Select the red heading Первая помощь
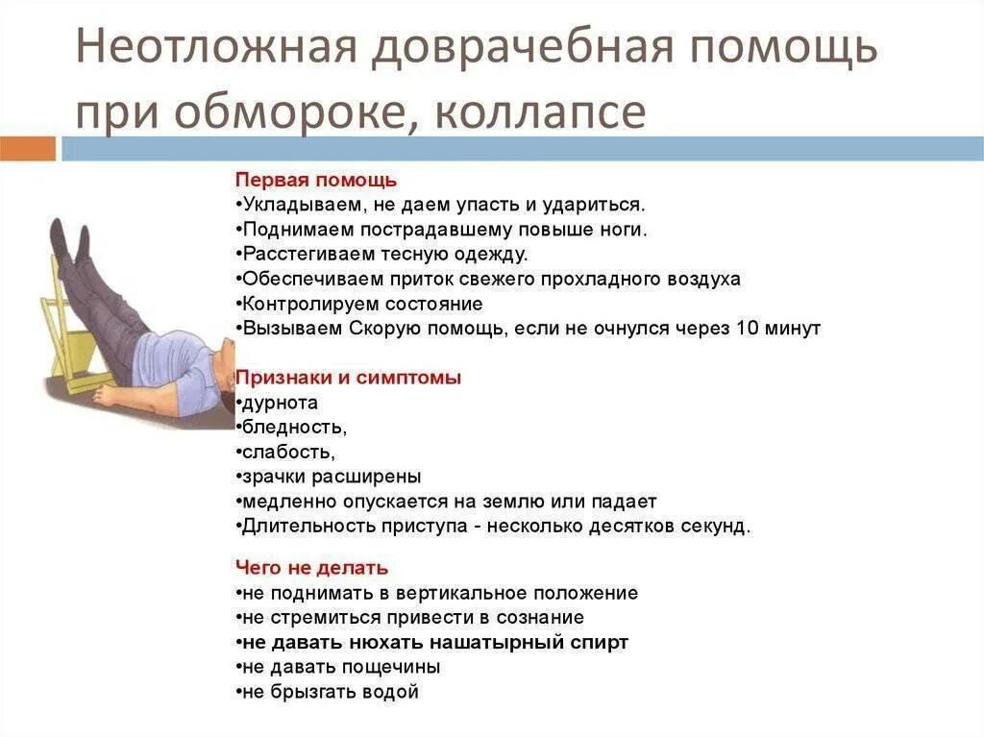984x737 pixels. click(316, 180)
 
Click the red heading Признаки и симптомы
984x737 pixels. click(349, 378)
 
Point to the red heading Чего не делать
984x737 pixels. click(311, 568)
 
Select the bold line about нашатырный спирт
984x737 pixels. click(432, 643)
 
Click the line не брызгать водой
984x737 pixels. click(329, 692)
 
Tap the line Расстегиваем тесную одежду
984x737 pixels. click(383, 255)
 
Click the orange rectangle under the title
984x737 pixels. click(28, 149)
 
